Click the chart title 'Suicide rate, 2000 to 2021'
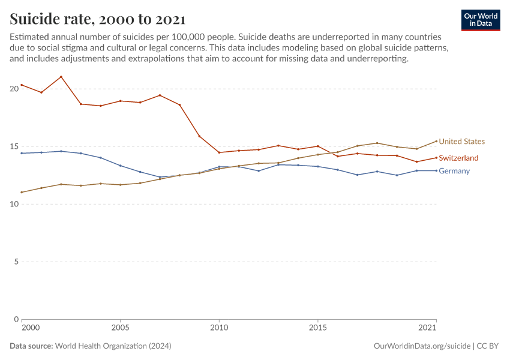tap(97, 19)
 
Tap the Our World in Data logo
tap(481, 20)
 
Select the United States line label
tap(461, 142)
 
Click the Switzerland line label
tap(458, 158)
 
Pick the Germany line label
tap(454, 171)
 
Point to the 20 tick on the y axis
tap(14, 89)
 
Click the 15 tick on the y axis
tap(14, 146)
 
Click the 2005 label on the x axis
tap(120, 328)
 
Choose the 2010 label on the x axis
tap(219, 328)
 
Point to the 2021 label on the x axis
tap(427, 328)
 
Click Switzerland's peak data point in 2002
tap(61, 77)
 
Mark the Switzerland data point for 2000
tap(22, 85)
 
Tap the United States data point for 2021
tap(436, 141)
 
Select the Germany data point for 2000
tap(22, 153)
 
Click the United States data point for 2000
tap(22, 192)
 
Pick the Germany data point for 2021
tap(436, 170)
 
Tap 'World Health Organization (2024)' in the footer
tap(113, 346)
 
